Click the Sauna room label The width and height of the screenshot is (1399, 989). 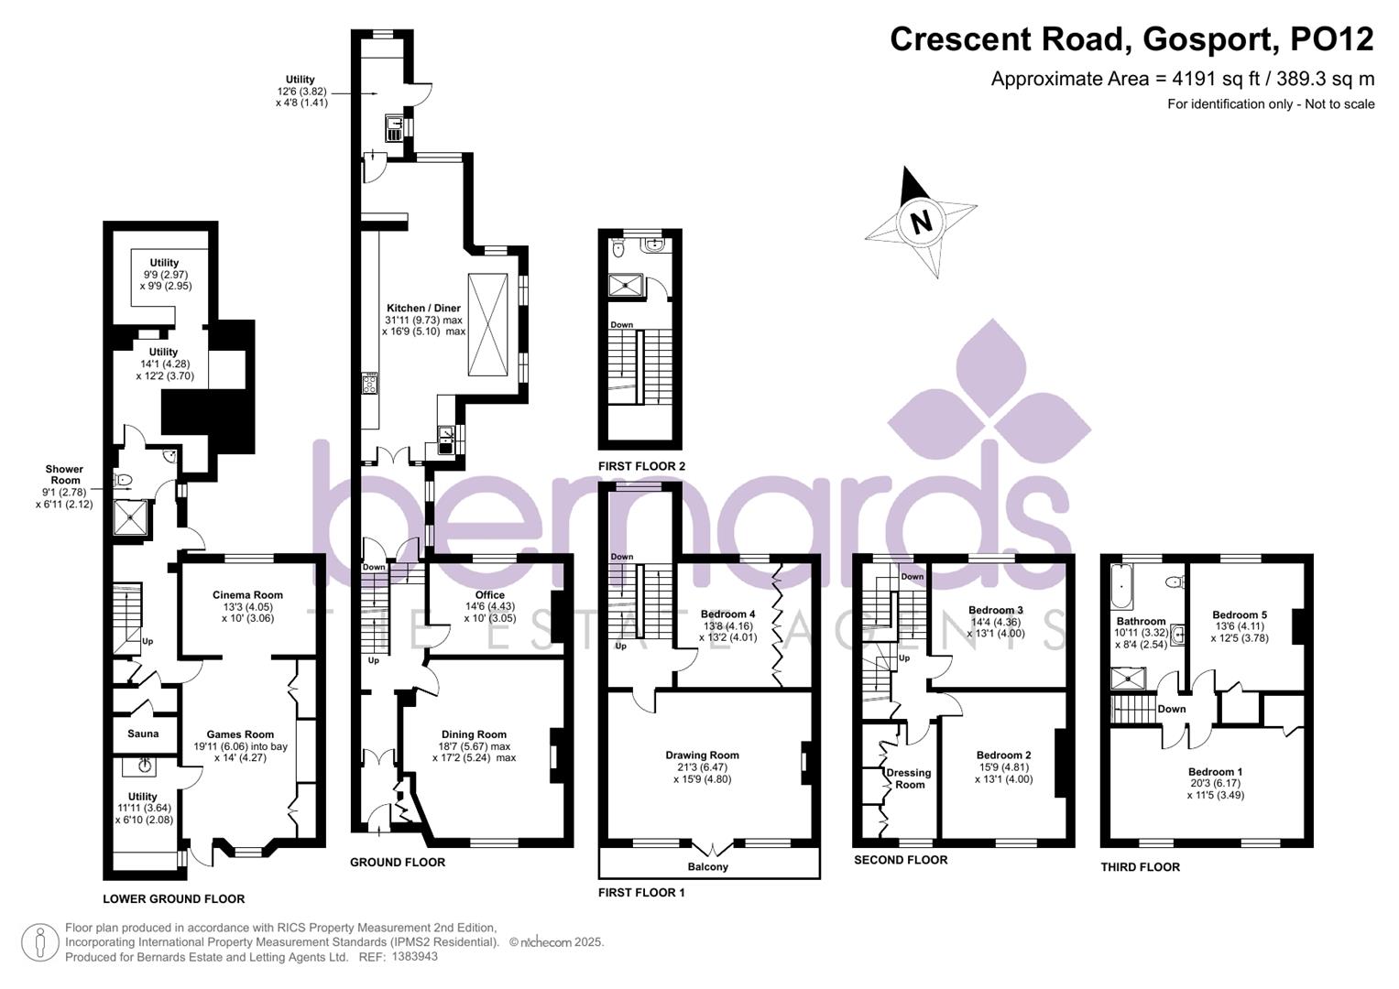(x=143, y=734)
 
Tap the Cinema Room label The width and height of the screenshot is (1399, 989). (x=247, y=595)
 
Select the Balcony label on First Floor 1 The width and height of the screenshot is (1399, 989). (x=707, y=866)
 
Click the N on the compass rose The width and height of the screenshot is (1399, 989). (x=921, y=222)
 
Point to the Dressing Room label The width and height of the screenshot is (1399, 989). (x=909, y=778)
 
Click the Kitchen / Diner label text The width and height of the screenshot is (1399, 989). (x=423, y=309)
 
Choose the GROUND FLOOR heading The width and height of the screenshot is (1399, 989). (x=398, y=862)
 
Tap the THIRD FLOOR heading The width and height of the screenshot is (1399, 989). (x=1140, y=866)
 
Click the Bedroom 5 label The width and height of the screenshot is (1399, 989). (x=1240, y=615)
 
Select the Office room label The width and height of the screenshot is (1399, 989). (x=490, y=595)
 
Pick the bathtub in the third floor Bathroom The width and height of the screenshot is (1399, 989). (x=1120, y=587)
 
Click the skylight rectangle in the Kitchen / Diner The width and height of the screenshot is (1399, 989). (x=486, y=324)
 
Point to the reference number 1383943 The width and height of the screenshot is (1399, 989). (x=414, y=957)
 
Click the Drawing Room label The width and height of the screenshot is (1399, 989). (x=702, y=755)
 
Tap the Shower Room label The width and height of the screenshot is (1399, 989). (x=64, y=474)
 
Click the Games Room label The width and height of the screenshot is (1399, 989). (x=240, y=734)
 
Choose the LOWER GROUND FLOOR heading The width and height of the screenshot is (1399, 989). (x=173, y=898)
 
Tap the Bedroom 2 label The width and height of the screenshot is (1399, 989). (x=1003, y=755)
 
